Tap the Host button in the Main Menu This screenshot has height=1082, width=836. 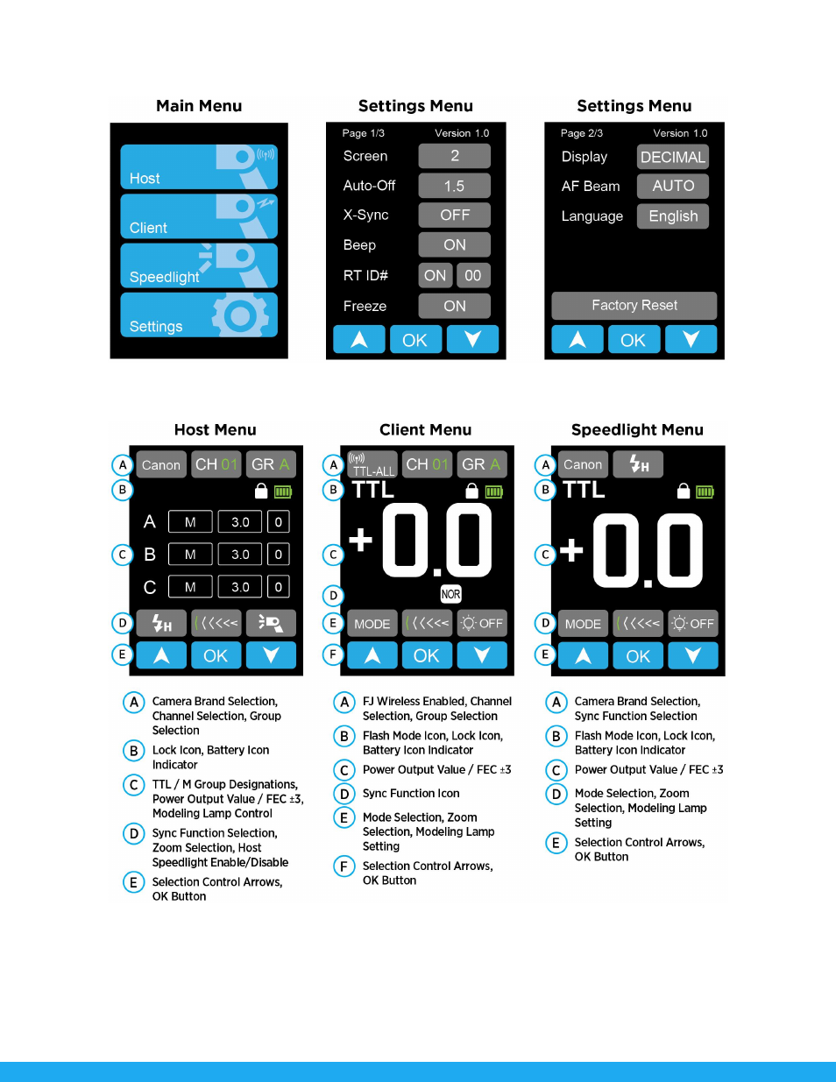(x=199, y=166)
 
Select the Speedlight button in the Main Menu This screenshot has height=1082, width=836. (x=199, y=265)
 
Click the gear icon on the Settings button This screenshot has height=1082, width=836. (x=240, y=315)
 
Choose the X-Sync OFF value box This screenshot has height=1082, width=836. (x=454, y=216)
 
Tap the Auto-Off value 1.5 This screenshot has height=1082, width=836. (x=454, y=186)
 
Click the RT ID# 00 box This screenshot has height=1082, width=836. (x=473, y=275)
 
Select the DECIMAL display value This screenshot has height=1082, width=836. (x=673, y=157)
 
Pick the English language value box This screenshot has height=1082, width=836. (x=673, y=216)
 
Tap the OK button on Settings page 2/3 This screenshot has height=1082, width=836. (x=634, y=340)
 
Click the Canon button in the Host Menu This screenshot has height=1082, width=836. (x=161, y=464)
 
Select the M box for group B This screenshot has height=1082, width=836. (x=190, y=555)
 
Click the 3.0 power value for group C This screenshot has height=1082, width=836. (x=240, y=587)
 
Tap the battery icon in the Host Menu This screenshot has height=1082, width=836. (x=283, y=492)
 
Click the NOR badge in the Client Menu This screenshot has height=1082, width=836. (x=450, y=594)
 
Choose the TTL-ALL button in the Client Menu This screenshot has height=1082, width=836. (x=372, y=464)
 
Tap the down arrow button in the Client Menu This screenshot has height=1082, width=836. (x=482, y=654)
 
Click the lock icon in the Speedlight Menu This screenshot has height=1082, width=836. (x=684, y=491)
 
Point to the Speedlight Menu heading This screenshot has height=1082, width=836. (x=637, y=429)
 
